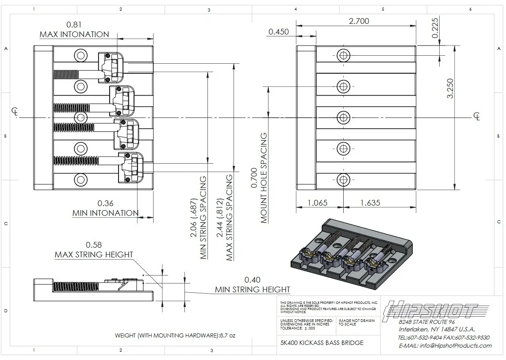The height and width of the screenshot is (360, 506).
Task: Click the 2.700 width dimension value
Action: point(359,21)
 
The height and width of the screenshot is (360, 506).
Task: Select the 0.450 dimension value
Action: point(278,31)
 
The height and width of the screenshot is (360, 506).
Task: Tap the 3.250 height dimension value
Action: point(449,88)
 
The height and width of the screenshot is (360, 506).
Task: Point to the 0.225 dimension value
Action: point(435,27)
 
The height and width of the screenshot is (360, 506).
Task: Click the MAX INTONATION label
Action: point(74,34)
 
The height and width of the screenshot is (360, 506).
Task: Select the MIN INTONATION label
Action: point(105,213)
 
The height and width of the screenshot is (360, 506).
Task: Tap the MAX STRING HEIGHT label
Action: point(94,255)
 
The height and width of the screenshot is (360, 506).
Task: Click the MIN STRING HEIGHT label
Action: point(253,290)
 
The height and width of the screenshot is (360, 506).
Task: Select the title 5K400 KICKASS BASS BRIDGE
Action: point(322,343)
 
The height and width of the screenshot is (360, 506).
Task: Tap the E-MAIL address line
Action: point(445,345)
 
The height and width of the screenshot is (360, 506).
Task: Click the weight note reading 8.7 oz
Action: point(175,336)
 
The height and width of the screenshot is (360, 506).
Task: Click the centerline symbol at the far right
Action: point(477,116)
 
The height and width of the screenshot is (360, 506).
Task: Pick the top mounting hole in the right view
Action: point(343,55)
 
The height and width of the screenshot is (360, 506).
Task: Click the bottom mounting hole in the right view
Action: point(343,180)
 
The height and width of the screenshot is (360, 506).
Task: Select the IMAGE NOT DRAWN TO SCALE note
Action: point(356,322)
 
